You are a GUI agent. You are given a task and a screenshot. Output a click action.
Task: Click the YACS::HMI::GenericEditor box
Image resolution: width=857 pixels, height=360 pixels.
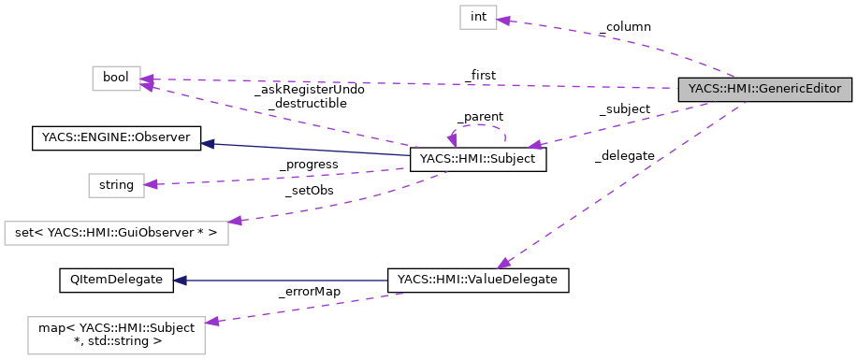pyautogui.click(x=765, y=90)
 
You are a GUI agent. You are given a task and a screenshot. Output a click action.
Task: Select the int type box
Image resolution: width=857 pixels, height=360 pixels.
pyautogui.click(x=477, y=18)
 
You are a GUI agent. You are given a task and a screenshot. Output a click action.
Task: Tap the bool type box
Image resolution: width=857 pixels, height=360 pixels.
pyautogui.click(x=116, y=79)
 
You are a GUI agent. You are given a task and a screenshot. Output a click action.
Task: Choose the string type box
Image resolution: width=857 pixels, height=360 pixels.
pyautogui.click(x=116, y=184)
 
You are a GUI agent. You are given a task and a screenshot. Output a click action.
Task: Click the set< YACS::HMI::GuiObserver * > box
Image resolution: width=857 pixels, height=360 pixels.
pyautogui.click(x=116, y=233)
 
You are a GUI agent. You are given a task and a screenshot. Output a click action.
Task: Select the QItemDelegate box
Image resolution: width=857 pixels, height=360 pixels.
pyautogui.click(x=116, y=279)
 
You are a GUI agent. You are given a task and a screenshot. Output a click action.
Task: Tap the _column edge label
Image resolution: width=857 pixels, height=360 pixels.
pyautogui.click(x=624, y=28)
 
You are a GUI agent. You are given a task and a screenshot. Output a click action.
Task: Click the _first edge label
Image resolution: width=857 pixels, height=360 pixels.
pyautogui.click(x=480, y=75)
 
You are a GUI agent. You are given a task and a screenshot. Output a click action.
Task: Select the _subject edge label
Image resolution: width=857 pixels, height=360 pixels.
pyautogui.click(x=624, y=109)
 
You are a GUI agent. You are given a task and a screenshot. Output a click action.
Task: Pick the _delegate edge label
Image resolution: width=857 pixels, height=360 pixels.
pyautogui.click(x=624, y=155)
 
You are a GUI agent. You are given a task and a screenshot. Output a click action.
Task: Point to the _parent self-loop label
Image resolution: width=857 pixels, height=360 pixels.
pyautogui.click(x=480, y=117)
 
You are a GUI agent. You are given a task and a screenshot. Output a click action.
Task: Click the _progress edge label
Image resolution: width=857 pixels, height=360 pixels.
pyautogui.click(x=309, y=165)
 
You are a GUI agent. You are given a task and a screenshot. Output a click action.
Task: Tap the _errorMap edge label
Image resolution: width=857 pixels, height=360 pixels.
pyautogui.click(x=310, y=292)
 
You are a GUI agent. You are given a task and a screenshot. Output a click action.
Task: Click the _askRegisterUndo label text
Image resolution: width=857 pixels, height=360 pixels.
pyautogui.click(x=309, y=90)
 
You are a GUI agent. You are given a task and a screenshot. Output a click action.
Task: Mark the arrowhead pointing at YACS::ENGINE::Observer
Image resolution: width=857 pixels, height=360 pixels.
pyautogui.click(x=208, y=143)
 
